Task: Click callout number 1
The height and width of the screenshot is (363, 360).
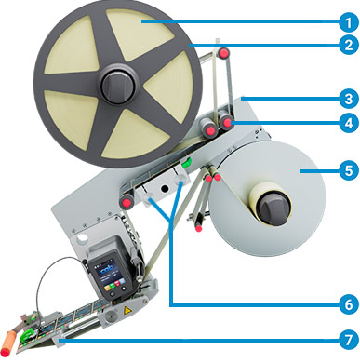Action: coord(349,21)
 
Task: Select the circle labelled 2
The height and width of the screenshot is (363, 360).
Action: coord(349,45)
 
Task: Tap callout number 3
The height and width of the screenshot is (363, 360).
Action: coord(349,99)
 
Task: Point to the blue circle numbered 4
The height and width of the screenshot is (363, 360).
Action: coord(349,123)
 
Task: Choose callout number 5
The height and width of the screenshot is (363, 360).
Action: coord(349,170)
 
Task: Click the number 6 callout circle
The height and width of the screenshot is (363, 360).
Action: coord(349,304)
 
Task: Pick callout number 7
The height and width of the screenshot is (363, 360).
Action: coord(349,340)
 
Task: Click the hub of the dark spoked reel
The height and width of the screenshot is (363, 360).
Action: coord(119,84)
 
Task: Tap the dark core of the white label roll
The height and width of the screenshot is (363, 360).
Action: coord(273,207)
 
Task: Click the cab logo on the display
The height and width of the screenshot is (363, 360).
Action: coord(108,269)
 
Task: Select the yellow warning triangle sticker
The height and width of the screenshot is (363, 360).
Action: coord(127,310)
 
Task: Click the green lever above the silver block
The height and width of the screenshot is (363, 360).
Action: coord(186,163)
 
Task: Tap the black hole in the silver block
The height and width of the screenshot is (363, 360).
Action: coord(165,188)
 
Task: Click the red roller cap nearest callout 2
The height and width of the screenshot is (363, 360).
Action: coord(223,53)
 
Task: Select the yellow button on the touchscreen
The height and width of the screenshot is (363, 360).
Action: coord(107,288)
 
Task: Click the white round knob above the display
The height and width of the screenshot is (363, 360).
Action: coord(81,239)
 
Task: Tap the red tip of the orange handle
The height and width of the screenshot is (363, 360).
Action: coord(6,353)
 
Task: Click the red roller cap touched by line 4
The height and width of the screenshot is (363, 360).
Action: coord(228,123)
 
